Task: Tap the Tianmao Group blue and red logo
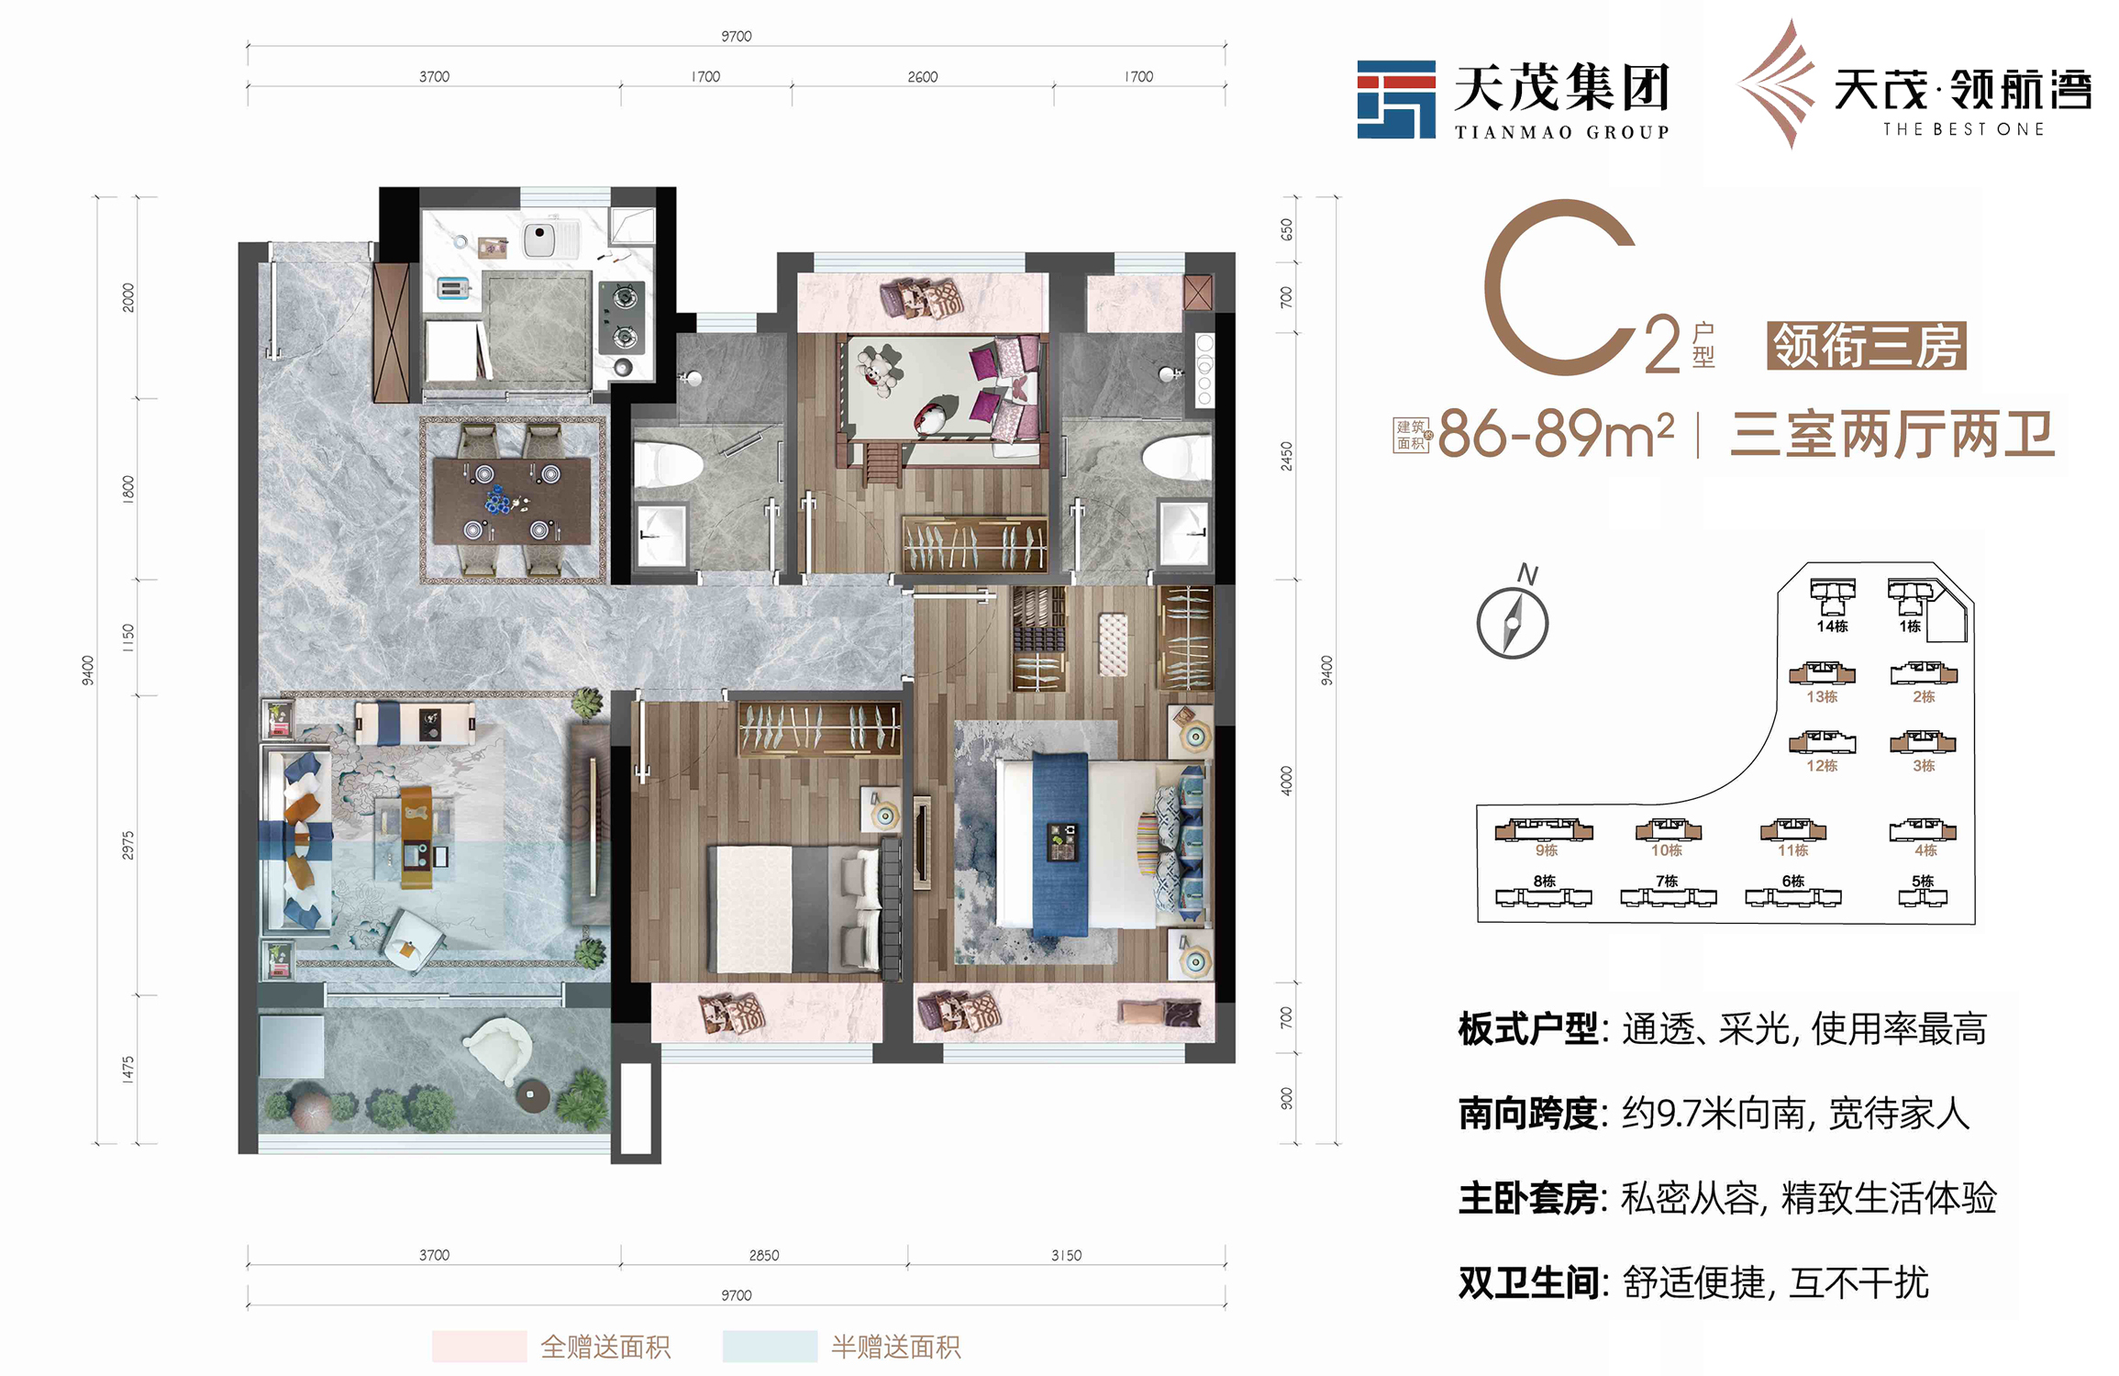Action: pyautogui.click(x=1396, y=99)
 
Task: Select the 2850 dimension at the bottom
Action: pyautogui.click(x=763, y=1255)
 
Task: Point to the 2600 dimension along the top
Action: pyautogui.click(x=922, y=77)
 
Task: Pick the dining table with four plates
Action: pyautogui.click(x=512, y=501)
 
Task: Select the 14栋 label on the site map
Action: pyautogui.click(x=1832, y=627)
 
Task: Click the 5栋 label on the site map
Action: pyautogui.click(x=1923, y=881)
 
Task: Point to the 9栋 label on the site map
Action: pyautogui.click(x=1547, y=850)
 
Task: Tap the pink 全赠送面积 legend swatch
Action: pyautogui.click(x=479, y=1346)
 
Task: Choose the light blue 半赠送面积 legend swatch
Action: pyautogui.click(x=770, y=1346)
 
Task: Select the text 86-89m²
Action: pyautogui.click(x=1556, y=434)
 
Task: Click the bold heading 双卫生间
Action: pyautogui.click(x=1529, y=1282)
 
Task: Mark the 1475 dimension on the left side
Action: pyautogui.click(x=128, y=1070)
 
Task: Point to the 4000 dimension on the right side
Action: pyautogui.click(x=1286, y=781)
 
